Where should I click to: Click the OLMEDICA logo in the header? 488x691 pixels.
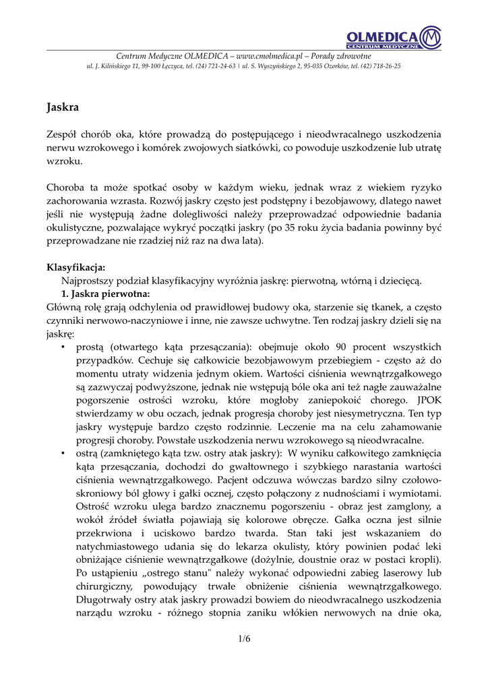tap(394, 36)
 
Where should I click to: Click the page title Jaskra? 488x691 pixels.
tap(63, 107)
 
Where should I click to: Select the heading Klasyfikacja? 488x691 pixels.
tap(75, 267)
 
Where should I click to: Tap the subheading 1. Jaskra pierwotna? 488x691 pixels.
tap(105, 294)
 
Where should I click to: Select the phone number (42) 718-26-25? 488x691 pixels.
tap(380, 67)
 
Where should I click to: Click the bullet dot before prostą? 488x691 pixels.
tap(63, 346)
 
